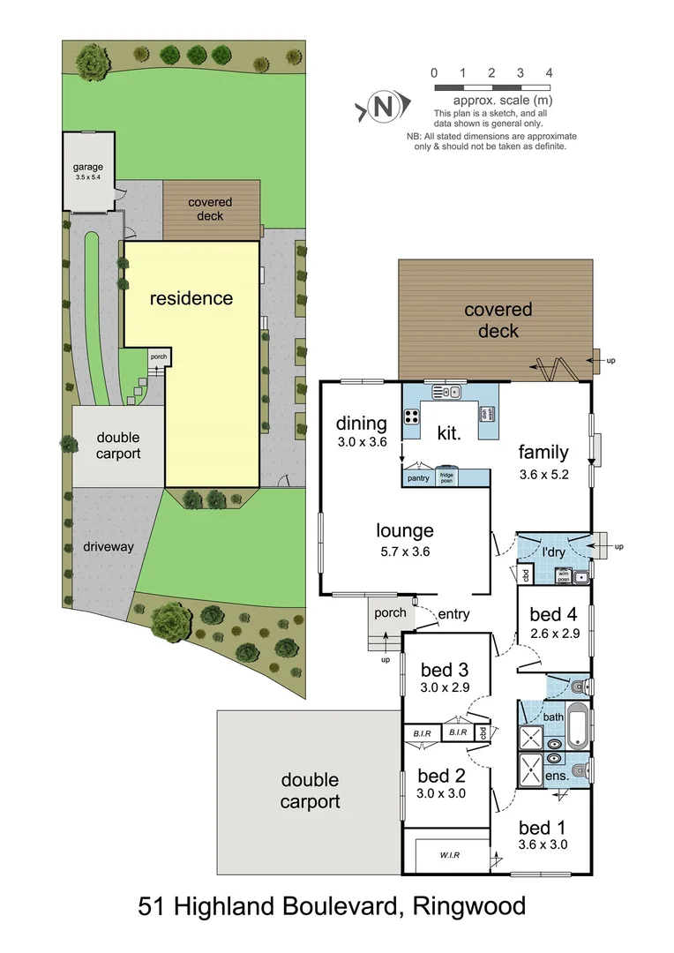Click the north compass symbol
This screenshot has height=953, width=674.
[x=382, y=108]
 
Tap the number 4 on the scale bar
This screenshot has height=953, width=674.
[x=550, y=73]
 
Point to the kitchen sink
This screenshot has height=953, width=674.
[x=447, y=392]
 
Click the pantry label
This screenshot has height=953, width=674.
[x=418, y=478]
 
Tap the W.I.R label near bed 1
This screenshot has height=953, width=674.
[x=452, y=854]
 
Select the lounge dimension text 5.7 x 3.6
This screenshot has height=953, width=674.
[x=405, y=552]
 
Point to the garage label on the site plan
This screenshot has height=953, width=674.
[x=88, y=167]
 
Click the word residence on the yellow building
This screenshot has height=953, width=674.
[x=191, y=298]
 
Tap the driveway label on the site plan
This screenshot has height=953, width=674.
[x=109, y=547]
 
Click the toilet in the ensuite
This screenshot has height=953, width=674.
[x=577, y=770]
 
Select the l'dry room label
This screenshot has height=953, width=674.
[x=553, y=552]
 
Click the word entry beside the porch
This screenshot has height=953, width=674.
[x=453, y=614]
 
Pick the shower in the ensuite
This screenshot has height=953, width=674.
[x=533, y=769]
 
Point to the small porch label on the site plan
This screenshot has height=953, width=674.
[x=159, y=357]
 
